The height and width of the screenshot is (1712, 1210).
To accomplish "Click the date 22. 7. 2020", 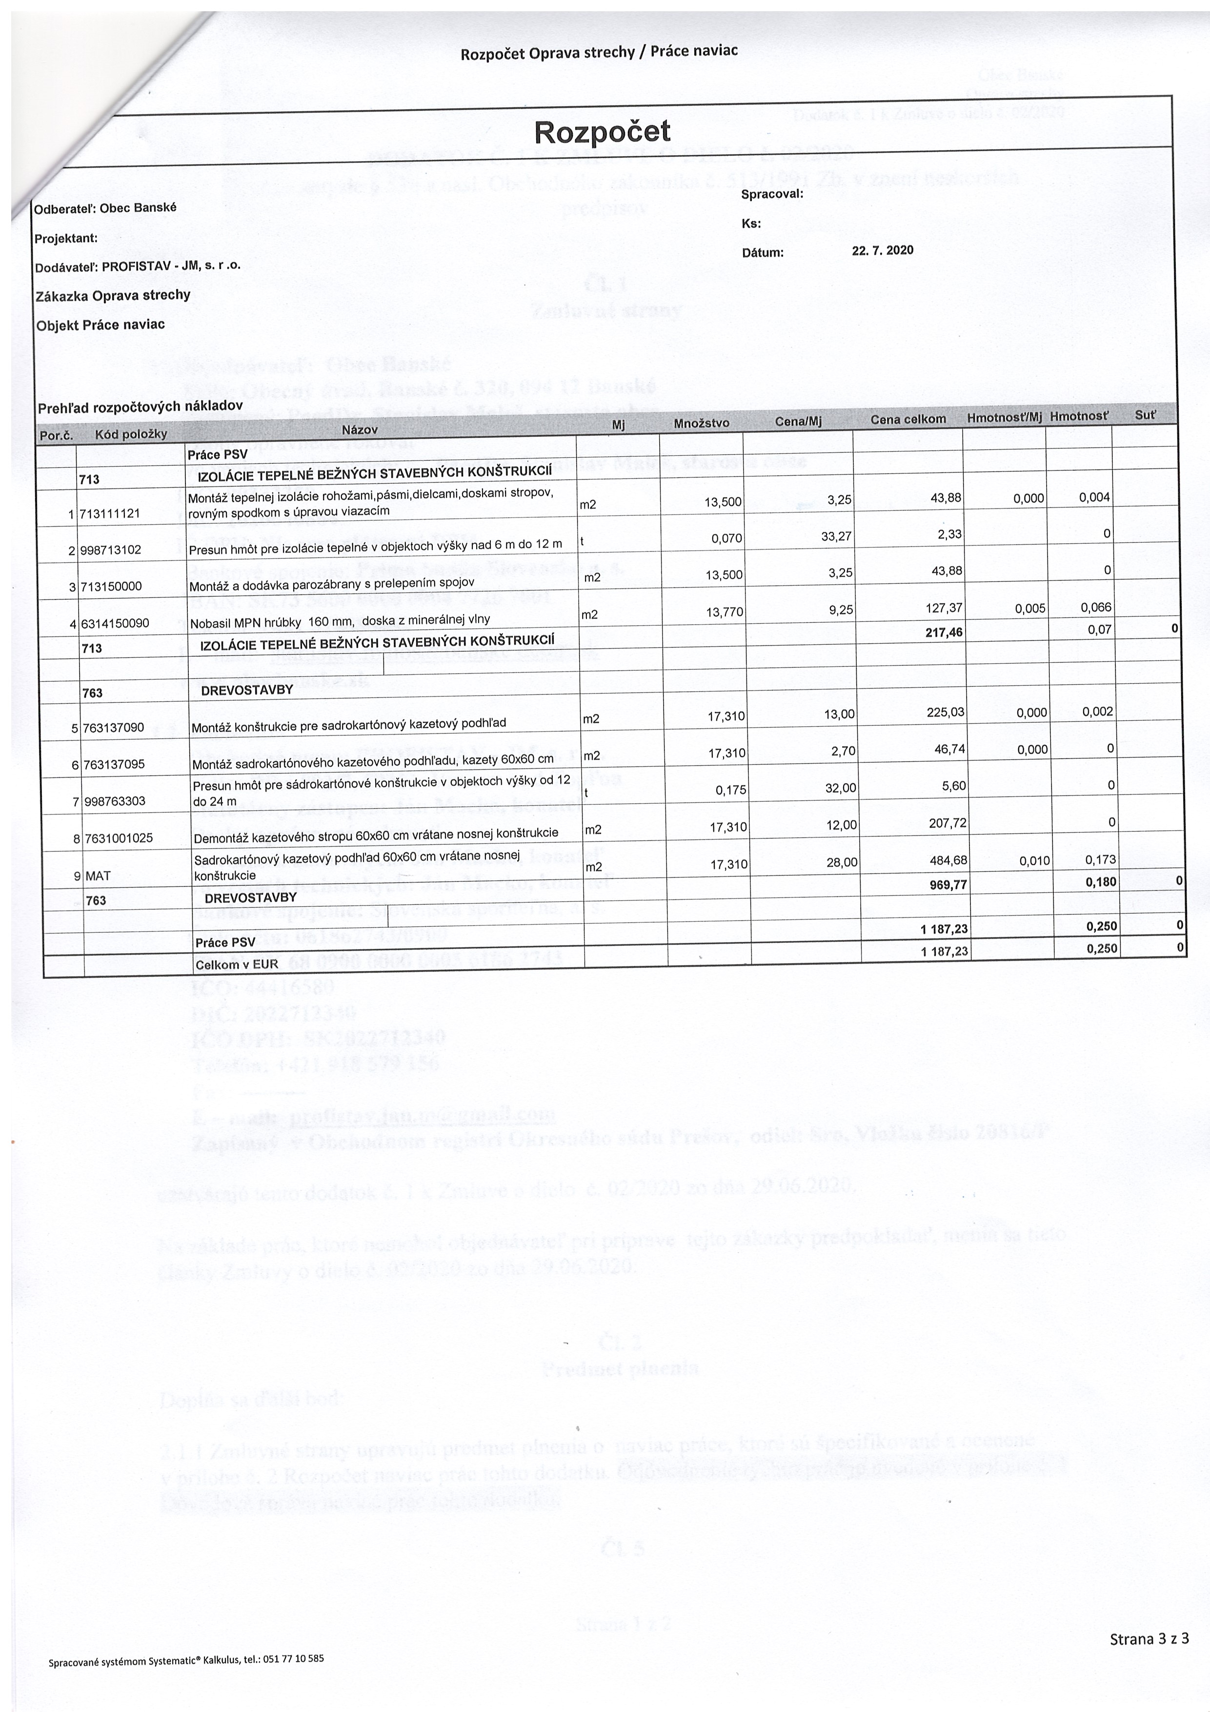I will tap(882, 250).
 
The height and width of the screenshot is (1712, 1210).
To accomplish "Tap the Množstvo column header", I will tap(702, 424).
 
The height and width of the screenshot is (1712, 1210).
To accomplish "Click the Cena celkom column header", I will tap(907, 420).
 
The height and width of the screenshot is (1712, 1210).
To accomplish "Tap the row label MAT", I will tap(98, 876).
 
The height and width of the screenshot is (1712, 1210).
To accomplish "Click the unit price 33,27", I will tap(836, 536).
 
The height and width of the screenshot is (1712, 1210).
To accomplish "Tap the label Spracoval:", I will tap(772, 194).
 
